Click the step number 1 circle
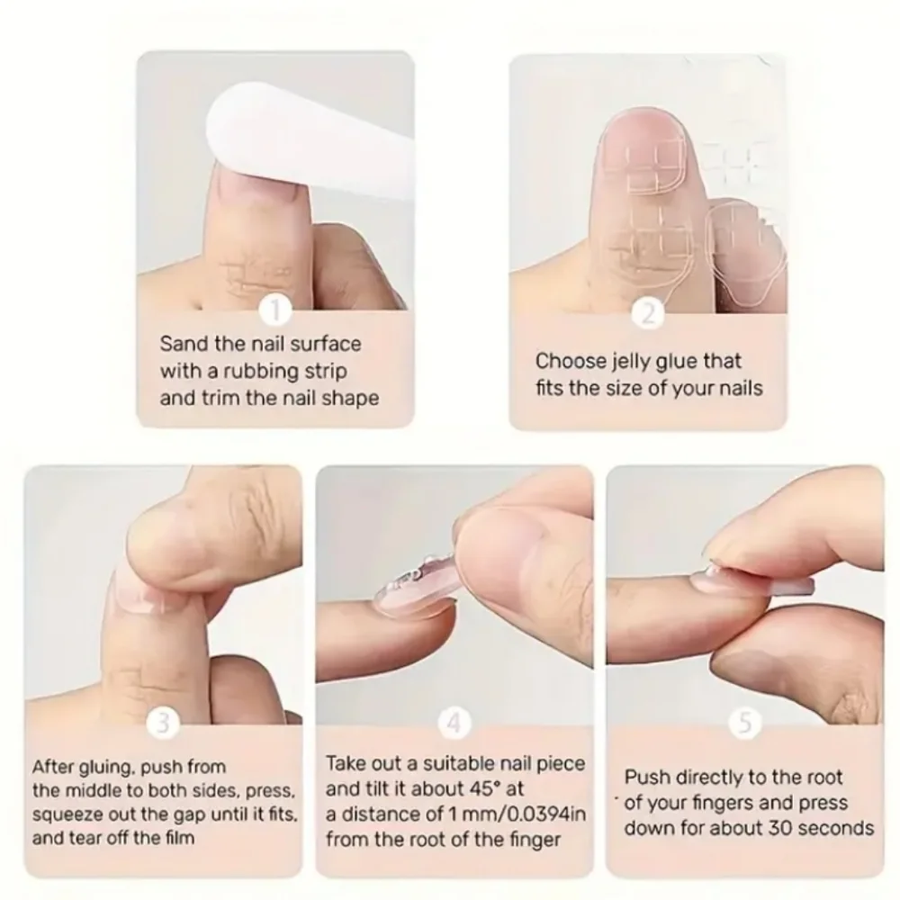[x=275, y=310]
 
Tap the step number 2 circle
[x=648, y=314]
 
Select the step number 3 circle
[x=163, y=723]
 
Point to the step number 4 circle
[x=454, y=723]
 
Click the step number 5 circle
[x=744, y=723]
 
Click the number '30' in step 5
[x=778, y=828]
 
